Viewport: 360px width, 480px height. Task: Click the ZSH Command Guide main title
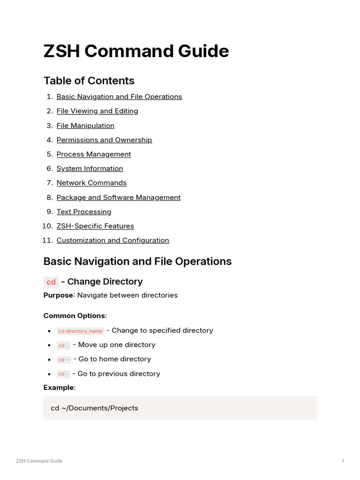coord(136,51)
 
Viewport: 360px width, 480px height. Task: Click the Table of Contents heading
coord(89,81)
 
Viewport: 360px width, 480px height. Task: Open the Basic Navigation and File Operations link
coord(119,97)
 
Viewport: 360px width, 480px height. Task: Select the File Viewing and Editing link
coord(97,111)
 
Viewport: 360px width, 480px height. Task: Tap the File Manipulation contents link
coord(85,126)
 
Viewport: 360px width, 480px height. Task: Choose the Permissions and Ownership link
coord(104,140)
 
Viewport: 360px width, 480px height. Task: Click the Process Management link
coord(94,154)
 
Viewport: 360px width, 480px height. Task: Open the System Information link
coord(90,168)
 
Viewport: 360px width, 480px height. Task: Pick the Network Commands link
coord(91,183)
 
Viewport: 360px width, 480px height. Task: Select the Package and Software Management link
coord(119,197)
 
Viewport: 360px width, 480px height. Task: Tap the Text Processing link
coord(84,212)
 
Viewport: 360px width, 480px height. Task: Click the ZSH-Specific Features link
coord(95,226)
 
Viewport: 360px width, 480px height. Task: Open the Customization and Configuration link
coord(112,240)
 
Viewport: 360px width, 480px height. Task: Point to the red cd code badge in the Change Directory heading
coord(51,282)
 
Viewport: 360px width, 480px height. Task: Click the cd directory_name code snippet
coord(80,331)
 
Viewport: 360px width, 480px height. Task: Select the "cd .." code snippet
coord(64,345)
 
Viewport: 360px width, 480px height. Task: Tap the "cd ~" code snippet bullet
coord(64,360)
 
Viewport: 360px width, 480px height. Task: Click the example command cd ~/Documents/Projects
coord(94,408)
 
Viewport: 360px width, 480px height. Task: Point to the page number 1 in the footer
coord(343,461)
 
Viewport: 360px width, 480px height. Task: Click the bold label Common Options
coord(75,316)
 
